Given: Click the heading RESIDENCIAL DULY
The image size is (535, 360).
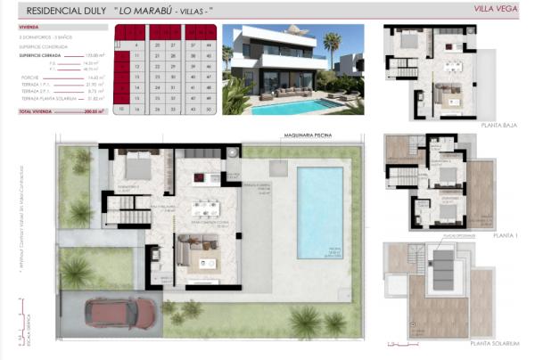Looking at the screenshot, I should point(63,11).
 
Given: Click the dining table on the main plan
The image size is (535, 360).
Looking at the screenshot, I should point(206,210).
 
